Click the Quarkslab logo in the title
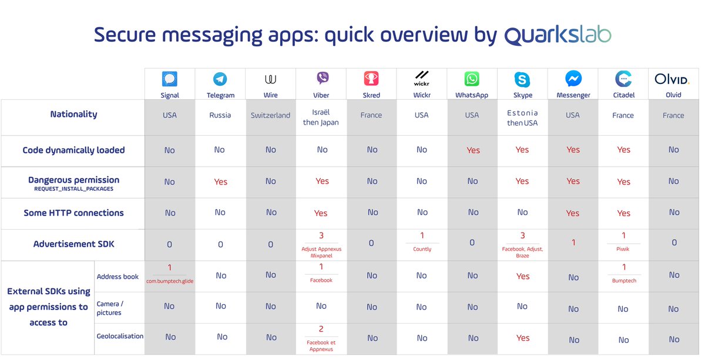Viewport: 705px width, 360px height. pyautogui.click(x=558, y=35)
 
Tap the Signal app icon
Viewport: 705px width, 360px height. pyautogui.click(x=169, y=79)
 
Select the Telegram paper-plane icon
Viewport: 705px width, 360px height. pyautogui.click(x=220, y=79)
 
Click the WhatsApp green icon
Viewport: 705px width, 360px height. pyautogui.click(x=472, y=79)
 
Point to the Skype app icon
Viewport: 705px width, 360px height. pyautogui.click(x=522, y=79)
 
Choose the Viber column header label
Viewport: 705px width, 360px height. pyautogui.click(x=321, y=95)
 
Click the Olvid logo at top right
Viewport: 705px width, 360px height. pyautogui.click(x=673, y=79)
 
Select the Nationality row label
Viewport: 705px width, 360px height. pyautogui.click(x=73, y=115)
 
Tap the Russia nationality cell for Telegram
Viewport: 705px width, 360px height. pyautogui.click(x=220, y=116)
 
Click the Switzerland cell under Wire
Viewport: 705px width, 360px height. pyautogui.click(x=270, y=116)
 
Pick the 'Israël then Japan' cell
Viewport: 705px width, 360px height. pyautogui.click(x=321, y=117)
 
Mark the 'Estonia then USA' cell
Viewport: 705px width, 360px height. pyautogui.click(x=522, y=117)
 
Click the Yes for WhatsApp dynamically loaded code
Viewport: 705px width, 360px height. pyautogui.click(x=473, y=150)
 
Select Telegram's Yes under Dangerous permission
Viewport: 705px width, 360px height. pyautogui.click(x=220, y=182)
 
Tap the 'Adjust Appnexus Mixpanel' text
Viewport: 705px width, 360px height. pyautogui.click(x=321, y=253)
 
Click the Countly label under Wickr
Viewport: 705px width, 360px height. pyautogui.click(x=422, y=250)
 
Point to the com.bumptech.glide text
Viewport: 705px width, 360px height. pyautogui.click(x=170, y=281)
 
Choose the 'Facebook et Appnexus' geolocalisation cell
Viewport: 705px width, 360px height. pyautogui.click(x=321, y=345)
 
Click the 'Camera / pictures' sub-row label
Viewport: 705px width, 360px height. pyautogui.click(x=110, y=308)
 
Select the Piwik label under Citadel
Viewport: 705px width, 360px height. pyautogui.click(x=623, y=250)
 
